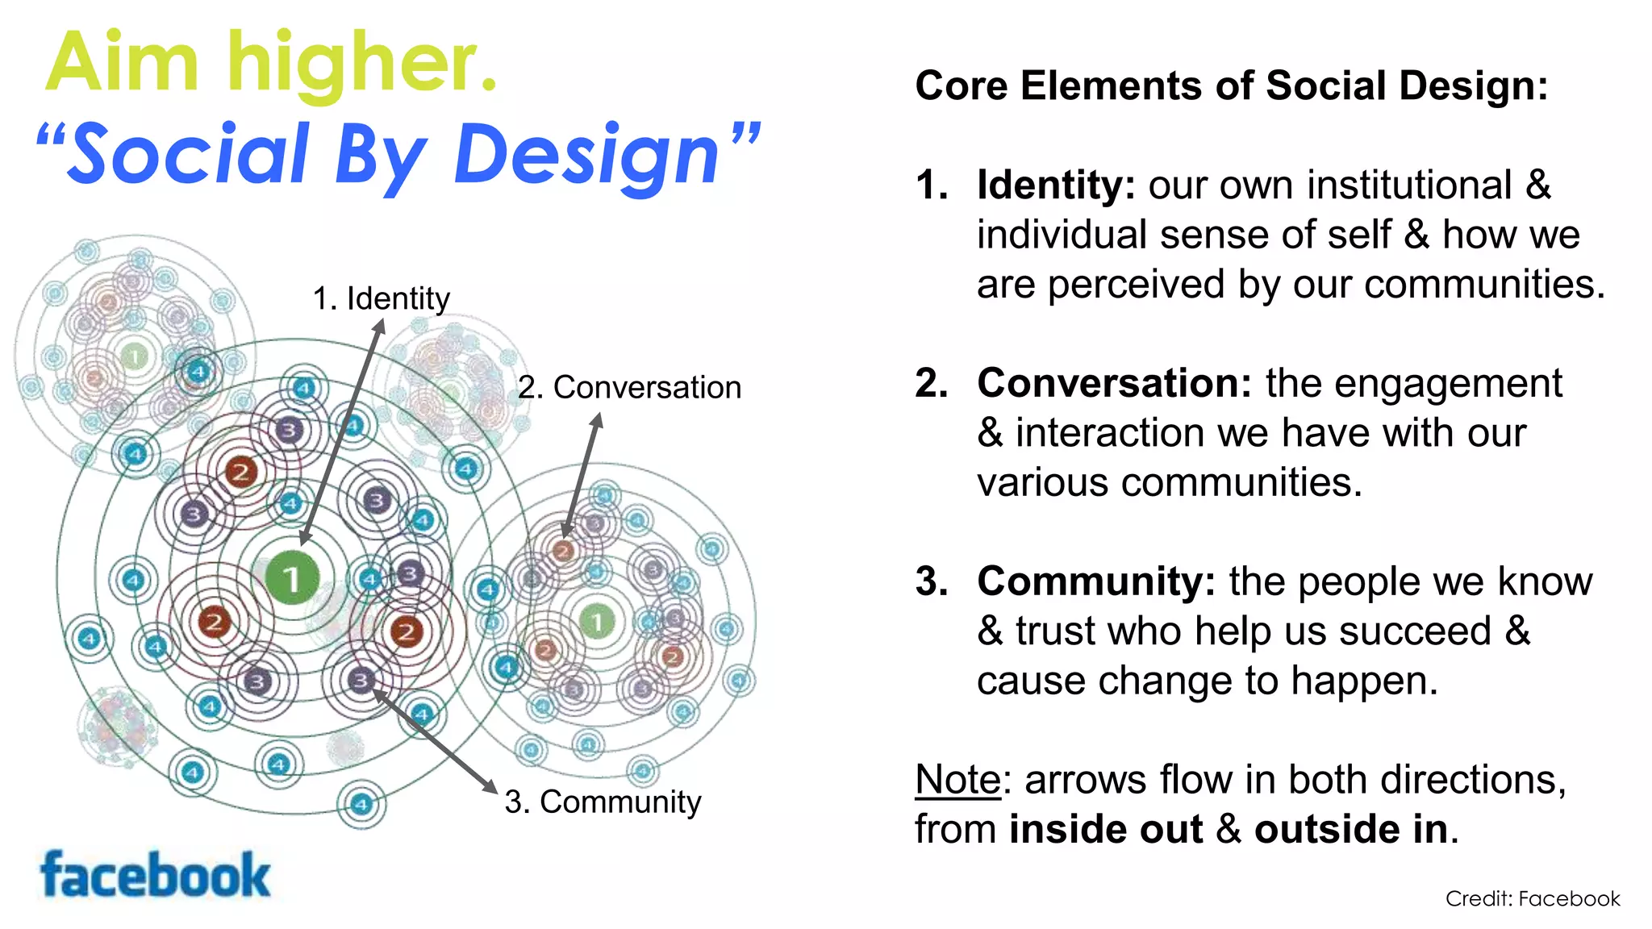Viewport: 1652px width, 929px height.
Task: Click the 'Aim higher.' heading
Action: pyautogui.click(x=272, y=63)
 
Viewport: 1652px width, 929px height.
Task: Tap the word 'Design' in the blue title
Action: pyautogui.click(x=586, y=155)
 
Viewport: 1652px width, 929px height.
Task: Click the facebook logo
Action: pyautogui.click(x=155, y=875)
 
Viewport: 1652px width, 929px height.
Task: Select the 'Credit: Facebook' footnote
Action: pyautogui.click(x=1532, y=898)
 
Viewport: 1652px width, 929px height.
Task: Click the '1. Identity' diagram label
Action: pyautogui.click(x=381, y=298)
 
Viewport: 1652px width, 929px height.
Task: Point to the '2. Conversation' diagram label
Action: pyautogui.click(x=629, y=387)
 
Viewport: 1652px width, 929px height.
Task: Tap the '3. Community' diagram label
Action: pyautogui.click(x=603, y=802)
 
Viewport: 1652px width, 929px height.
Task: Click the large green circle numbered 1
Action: pyautogui.click(x=292, y=577)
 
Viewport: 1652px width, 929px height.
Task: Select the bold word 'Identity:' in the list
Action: pyautogui.click(x=1056, y=185)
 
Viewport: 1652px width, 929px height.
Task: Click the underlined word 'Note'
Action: pyautogui.click(x=957, y=780)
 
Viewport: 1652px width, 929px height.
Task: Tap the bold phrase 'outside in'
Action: pyautogui.click(x=1351, y=829)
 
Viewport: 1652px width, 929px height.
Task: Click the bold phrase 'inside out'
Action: pyautogui.click(x=1105, y=829)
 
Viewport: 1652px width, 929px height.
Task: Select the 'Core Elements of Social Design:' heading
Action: pyautogui.click(x=1231, y=85)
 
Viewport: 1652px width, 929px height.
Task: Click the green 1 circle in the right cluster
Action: pyautogui.click(x=597, y=621)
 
